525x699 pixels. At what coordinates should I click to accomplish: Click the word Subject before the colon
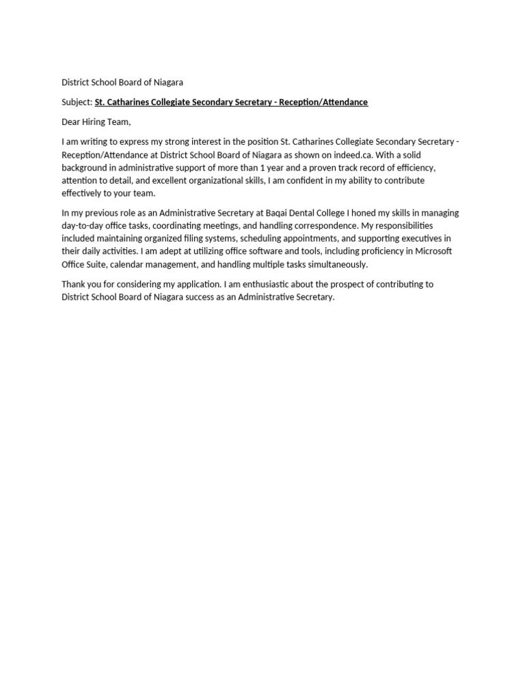[x=76, y=102]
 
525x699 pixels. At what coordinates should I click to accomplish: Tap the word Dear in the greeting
[x=72, y=122]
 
